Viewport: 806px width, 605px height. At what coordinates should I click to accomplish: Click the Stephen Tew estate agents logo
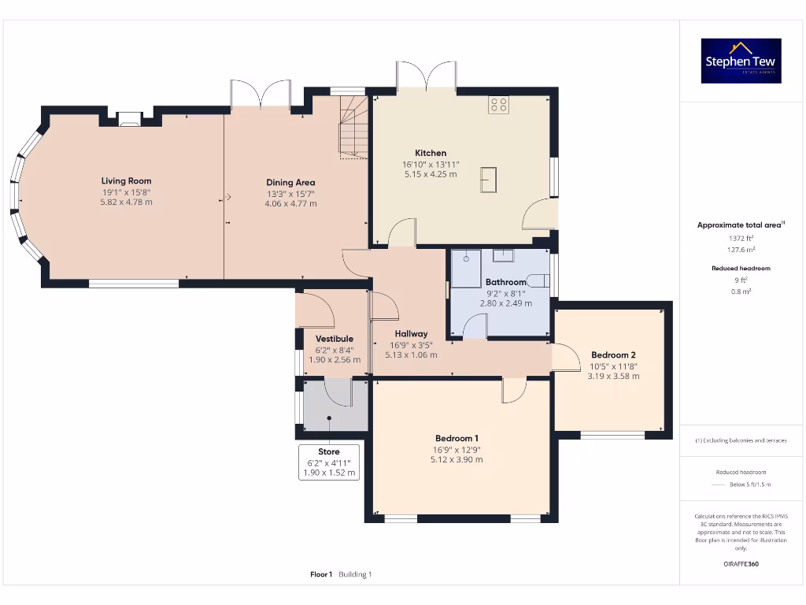741,61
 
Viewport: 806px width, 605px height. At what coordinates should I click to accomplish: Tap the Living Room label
126,181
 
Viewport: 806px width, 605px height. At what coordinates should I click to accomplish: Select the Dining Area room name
290,183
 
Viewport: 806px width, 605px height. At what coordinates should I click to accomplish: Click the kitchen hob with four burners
498,105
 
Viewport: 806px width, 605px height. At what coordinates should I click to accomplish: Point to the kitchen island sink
488,180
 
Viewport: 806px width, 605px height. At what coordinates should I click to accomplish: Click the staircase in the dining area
353,127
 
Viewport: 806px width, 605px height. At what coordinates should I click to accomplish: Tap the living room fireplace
129,120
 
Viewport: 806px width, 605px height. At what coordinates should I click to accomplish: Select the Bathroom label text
506,282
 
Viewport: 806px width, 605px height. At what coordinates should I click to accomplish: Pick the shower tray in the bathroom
466,269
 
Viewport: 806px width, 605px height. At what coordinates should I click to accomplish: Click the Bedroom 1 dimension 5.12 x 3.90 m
457,459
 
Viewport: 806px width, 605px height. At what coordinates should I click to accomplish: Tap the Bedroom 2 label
613,355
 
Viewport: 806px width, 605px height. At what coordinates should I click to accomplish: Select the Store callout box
329,462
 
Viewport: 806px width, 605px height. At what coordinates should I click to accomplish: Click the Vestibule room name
334,339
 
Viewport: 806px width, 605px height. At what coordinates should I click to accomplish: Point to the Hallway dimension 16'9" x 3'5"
411,345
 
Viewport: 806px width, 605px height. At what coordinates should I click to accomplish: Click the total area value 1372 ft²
741,238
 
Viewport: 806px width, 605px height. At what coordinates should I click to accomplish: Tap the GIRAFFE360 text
741,564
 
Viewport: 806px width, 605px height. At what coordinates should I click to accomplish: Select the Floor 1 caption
321,574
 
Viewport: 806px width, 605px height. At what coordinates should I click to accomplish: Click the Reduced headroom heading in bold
741,268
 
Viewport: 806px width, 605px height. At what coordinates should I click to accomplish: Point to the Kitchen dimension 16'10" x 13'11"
431,165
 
